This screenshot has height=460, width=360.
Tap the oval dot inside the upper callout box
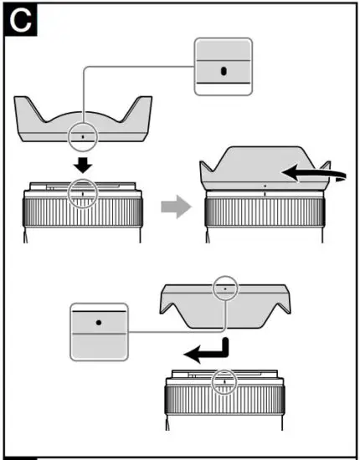(x=224, y=70)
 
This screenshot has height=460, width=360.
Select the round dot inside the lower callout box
(x=99, y=321)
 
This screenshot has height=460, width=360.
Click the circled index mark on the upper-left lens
(x=83, y=192)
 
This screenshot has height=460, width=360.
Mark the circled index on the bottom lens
(x=224, y=382)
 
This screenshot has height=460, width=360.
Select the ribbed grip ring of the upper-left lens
(x=83, y=219)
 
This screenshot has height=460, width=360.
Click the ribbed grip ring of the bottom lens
(x=224, y=408)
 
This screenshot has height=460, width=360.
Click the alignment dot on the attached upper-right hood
(x=265, y=185)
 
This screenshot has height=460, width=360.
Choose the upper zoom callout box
(x=223, y=67)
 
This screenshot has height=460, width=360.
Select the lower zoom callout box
(x=99, y=332)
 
